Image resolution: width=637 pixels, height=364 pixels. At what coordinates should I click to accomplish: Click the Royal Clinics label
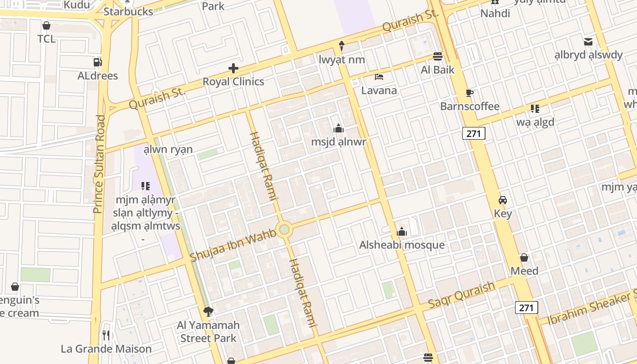click(233, 82)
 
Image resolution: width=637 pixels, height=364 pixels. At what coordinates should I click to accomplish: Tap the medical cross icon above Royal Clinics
click(233, 69)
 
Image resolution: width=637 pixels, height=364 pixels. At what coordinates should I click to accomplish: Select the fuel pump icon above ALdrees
click(97, 62)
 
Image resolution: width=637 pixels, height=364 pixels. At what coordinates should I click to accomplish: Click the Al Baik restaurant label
click(438, 70)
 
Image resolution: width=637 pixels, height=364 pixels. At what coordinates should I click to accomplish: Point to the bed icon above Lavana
click(379, 76)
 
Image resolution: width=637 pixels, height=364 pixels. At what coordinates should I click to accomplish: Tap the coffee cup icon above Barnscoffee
click(470, 93)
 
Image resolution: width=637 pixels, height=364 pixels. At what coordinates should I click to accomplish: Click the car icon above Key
click(503, 200)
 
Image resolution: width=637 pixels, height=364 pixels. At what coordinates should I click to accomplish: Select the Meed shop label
click(524, 271)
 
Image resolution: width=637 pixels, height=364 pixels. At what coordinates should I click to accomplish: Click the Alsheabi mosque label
click(402, 245)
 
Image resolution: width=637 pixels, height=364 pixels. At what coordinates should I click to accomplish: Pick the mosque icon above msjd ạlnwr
click(338, 128)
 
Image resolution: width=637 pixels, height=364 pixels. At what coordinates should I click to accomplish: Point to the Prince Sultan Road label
click(99, 164)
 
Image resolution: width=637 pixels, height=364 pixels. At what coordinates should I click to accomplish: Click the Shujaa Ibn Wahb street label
click(233, 246)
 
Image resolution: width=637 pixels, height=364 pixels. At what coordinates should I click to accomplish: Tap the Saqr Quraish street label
click(461, 295)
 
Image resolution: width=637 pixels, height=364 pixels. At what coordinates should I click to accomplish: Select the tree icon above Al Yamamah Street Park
click(208, 312)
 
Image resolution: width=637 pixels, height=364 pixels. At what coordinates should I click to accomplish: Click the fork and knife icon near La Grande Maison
click(106, 336)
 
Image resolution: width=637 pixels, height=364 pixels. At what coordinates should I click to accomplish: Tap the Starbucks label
click(128, 12)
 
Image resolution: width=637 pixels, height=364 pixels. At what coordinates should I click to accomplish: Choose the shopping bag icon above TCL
click(46, 25)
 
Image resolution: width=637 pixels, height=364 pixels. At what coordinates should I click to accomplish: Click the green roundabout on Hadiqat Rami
click(284, 229)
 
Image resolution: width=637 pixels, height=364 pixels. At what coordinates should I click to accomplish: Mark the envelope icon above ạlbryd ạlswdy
click(588, 42)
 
